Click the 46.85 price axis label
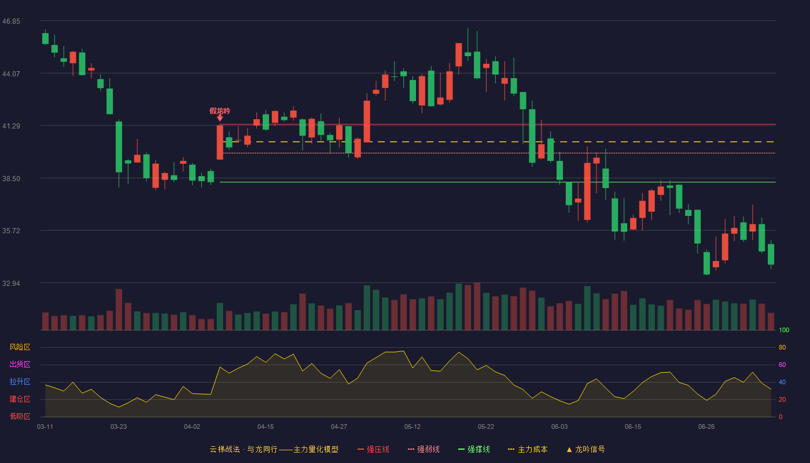click(x=11, y=21)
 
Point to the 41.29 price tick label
click(x=11, y=126)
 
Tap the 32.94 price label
click(x=11, y=283)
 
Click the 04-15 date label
click(x=266, y=427)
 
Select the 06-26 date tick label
click(x=706, y=427)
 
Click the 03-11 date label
click(x=45, y=427)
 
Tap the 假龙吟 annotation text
click(x=220, y=111)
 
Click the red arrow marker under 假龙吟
click(x=220, y=118)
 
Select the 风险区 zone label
click(x=20, y=347)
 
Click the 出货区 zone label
click(x=20, y=364)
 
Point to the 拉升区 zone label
click(x=20, y=381)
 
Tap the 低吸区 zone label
click(x=20, y=416)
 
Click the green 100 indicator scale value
click(x=784, y=330)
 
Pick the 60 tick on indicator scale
click(x=782, y=365)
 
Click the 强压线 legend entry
click(x=374, y=449)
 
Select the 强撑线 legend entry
click(x=474, y=449)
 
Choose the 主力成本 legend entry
click(x=528, y=449)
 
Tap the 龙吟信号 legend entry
click(x=586, y=449)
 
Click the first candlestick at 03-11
click(x=45, y=38)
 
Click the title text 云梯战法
click(x=225, y=449)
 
